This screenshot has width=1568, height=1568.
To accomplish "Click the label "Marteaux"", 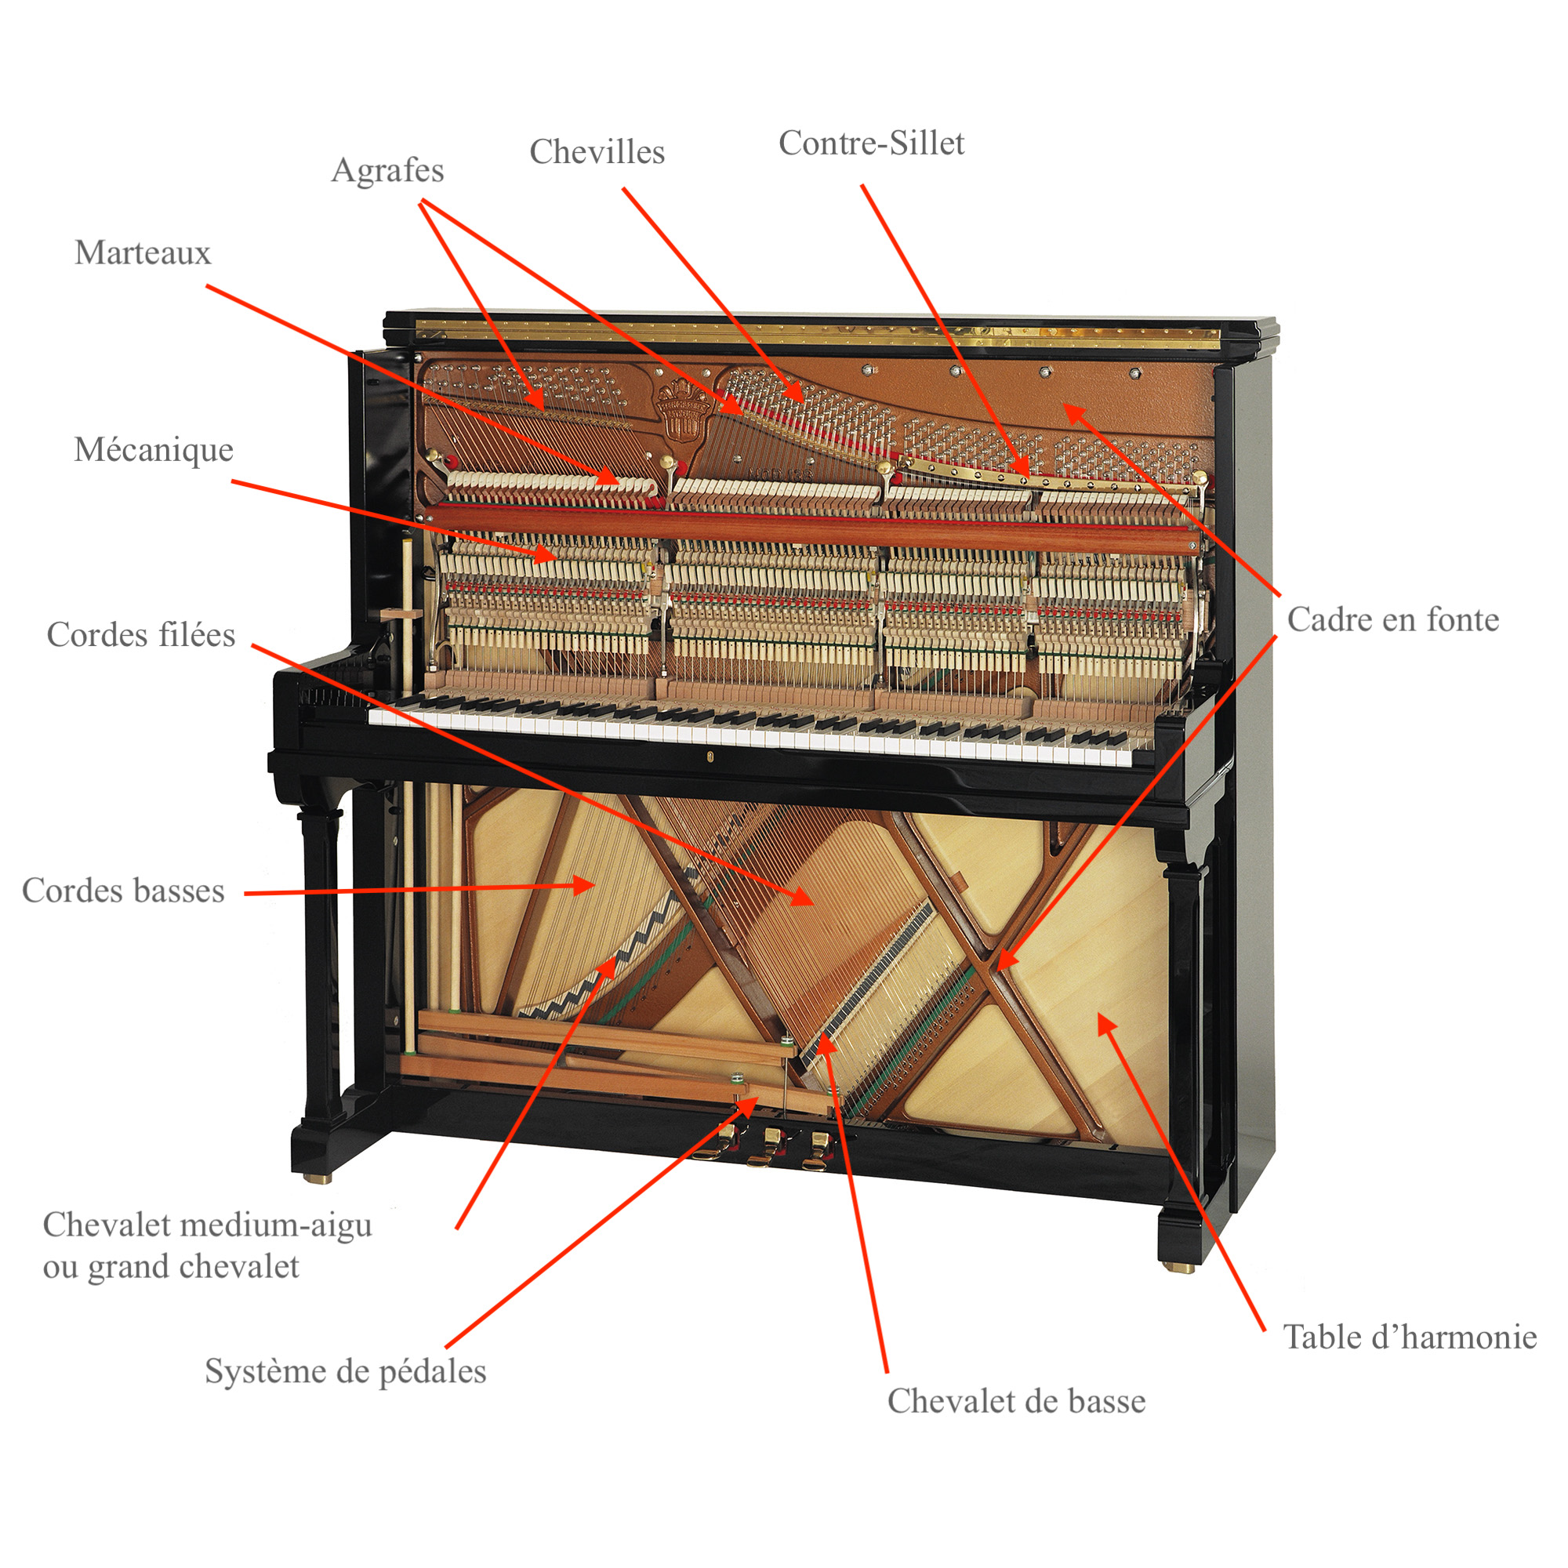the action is tap(143, 252).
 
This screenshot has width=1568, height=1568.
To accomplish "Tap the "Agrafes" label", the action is tap(388, 171).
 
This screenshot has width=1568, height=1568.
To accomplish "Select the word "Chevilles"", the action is tap(597, 152).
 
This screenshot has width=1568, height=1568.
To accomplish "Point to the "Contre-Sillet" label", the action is tap(872, 143).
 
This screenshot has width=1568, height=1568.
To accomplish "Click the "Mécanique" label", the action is tap(154, 449).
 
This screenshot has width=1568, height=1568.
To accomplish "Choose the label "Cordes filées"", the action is tap(141, 635).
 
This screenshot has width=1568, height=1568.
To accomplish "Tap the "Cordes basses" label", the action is tap(123, 891).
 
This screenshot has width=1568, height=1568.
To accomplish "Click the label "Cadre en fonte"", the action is tap(1392, 619).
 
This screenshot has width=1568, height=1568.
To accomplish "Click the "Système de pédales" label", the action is tap(346, 1370).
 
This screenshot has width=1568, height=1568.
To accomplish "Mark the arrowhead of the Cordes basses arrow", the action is tap(586, 884).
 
